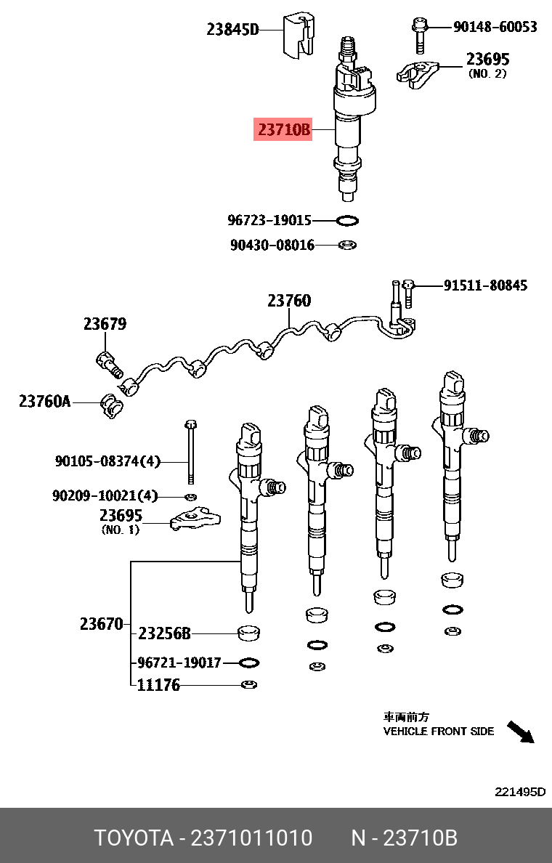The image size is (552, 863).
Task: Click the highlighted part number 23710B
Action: tap(283, 130)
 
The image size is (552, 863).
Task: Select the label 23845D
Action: tap(232, 30)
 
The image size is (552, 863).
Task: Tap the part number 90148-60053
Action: tap(495, 27)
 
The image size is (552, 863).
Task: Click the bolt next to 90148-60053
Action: tap(419, 34)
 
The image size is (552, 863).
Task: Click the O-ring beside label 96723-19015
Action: tap(348, 220)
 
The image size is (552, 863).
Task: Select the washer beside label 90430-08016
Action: tap(348, 245)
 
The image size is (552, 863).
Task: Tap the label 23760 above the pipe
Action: tap(288, 300)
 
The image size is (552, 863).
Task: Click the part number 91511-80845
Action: tap(485, 285)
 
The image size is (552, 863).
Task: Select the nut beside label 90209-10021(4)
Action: tap(190, 496)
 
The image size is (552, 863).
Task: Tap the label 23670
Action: tap(101, 624)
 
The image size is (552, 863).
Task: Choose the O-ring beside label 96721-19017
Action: tap(249, 663)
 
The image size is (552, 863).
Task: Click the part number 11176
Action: tap(158, 685)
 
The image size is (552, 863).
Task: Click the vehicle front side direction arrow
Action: tap(520, 732)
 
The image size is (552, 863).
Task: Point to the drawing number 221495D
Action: tap(519, 792)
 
